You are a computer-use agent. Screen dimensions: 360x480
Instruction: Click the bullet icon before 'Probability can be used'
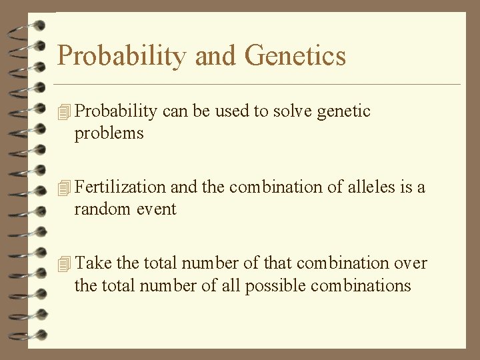pyautogui.click(x=64, y=113)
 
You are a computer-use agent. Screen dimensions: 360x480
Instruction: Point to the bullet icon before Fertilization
pyautogui.click(x=64, y=189)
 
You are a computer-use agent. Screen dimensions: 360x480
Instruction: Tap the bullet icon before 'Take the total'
pyautogui.click(x=64, y=265)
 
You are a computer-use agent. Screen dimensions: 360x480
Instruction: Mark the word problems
pyautogui.click(x=109, y=133)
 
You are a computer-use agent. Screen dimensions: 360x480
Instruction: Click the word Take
pyautogui.click(x=93, y=263)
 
